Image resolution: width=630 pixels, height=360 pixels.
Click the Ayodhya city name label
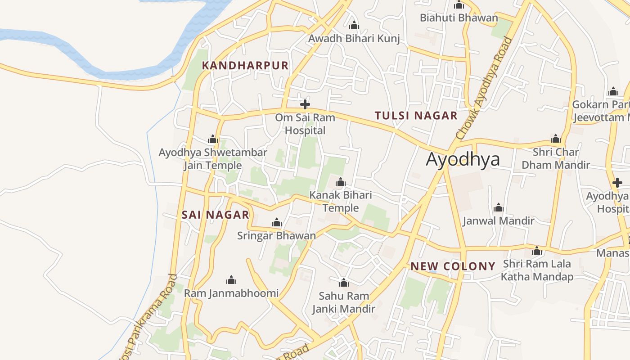(x=463, y=159)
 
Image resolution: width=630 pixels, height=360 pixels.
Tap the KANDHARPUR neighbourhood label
(x=245, y=65)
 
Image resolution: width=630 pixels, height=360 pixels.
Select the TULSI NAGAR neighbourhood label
(x=416, y=116)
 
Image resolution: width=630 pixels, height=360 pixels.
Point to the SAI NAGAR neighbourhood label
(x=215, y=215)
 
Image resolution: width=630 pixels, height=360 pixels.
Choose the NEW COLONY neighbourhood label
(x=453, y=266)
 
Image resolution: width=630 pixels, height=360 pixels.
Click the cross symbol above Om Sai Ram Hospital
(x=305, y=105)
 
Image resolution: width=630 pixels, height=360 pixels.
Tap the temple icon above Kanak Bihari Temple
(x=341, y=182)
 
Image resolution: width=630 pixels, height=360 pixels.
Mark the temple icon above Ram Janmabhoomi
(x=231, y=280)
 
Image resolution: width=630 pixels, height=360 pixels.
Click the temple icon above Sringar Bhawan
(x=277, y=222)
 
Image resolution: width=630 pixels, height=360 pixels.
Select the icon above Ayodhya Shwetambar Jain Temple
(x=213, y=139)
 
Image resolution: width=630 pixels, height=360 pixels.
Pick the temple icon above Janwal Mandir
(x=498, y=207)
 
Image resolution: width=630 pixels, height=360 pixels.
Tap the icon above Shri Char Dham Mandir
(x=555, y=139)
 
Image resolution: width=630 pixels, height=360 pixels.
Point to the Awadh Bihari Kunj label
(x=354, y=39)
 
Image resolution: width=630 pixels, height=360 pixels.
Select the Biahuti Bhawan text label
(x=459, y=18)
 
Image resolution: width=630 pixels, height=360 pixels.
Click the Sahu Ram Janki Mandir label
(x=344, y=302)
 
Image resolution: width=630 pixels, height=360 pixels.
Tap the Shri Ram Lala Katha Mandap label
(x=537, y=270)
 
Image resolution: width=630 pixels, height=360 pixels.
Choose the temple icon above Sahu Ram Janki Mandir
(x=344, y=283)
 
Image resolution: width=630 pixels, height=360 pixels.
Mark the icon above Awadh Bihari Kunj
(x=354, y=25)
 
